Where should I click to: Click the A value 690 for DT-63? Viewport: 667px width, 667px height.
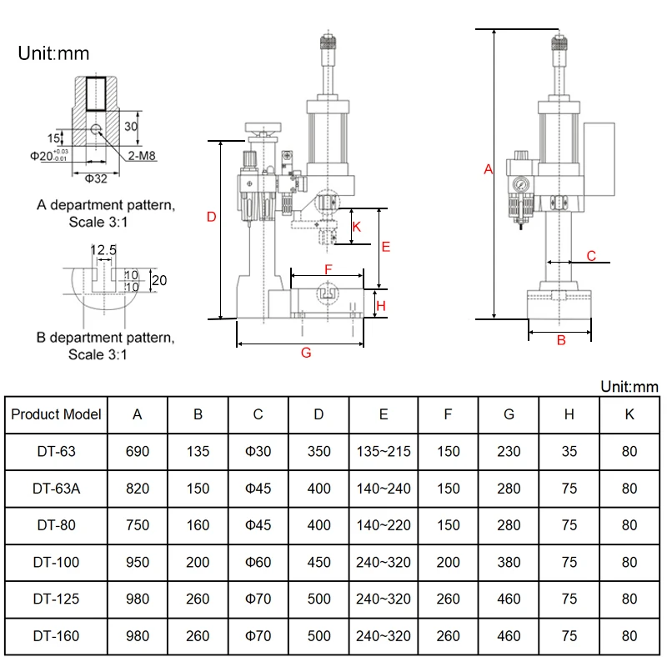tap(138, 451)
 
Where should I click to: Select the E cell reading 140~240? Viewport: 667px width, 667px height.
tap(384, 489)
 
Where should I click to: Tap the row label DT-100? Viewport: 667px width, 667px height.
tap(56, 562)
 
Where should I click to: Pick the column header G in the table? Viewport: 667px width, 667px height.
tap(509, 414)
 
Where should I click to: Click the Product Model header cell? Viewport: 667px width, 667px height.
tap(56, 414)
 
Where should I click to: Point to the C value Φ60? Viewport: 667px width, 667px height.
tap(258, 562)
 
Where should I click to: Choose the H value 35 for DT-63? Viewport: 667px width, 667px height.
tap(569, 451)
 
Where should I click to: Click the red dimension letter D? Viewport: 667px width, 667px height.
tap(212, 217)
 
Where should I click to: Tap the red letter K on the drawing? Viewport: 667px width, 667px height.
tap(357, 227)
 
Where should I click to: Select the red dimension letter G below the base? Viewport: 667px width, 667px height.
tap(306, 353)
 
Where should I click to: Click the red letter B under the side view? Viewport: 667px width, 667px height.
tap(561, 340)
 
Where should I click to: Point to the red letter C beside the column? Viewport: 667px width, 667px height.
tap(591, 256)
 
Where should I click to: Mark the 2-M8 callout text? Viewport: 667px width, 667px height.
tap(142, 156)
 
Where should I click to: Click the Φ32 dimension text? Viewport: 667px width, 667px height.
tap(96, 178)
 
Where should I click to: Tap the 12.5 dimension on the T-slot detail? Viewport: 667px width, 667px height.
tap(103, 249)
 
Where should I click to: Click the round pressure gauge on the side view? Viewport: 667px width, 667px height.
tap(520, 184)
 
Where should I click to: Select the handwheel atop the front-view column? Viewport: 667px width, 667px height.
tap(263, 127)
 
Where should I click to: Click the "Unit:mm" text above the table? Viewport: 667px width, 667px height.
tap(629, 387)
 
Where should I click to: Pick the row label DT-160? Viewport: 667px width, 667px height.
tap(56, 636)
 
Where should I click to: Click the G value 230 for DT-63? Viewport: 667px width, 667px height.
tap(509, 451)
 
